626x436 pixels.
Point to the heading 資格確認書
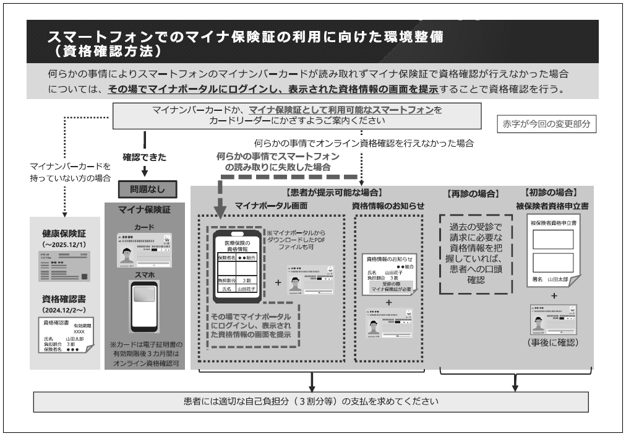[64, 298]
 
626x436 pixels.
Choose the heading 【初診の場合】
[551, 193]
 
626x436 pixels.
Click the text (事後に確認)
[551, 341]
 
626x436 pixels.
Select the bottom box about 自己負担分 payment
[312, 401]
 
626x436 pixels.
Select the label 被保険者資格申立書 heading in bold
[551, 205]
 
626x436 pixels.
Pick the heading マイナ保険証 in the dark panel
[144, 209]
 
